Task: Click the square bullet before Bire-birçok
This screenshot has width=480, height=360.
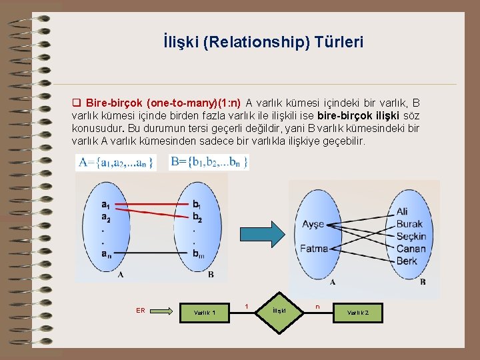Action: pyautogui.click(x=75, y=103)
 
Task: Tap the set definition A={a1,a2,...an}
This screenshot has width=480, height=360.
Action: pyautogui.click(x=116, y=161)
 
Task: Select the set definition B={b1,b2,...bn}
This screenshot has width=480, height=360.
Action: pyautogui.click(x=209, y=161)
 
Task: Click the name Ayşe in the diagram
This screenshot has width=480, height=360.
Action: pyautogui.click(x=314, y=224)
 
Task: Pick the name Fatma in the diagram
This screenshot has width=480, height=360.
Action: pyautogui.click(x=314, y=249)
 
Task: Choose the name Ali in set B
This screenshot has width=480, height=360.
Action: pyautogui.click(x=402, y=211)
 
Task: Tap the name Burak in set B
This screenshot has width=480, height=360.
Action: pyautogui.click(x=409, y=224)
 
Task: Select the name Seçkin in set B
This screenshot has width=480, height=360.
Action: pyautogui.click(x=411, y=237)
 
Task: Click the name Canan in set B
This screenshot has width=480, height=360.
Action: pyautogui.click(x=410, y=249)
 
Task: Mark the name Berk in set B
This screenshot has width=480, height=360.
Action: pyautogui.click(x=406, y=261)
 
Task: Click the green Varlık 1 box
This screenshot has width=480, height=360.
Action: pyautogui.click(x=205, y=311)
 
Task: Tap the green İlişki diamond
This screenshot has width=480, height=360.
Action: pyautogui.click(x=279, y=311)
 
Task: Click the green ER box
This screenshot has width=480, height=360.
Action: pyautogui.click(x=141, y=310)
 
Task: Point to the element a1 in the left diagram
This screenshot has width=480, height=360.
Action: pyautogui.click(x=107, y=204)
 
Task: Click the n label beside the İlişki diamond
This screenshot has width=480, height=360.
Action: pyautogui.click(x=317, y=307)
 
